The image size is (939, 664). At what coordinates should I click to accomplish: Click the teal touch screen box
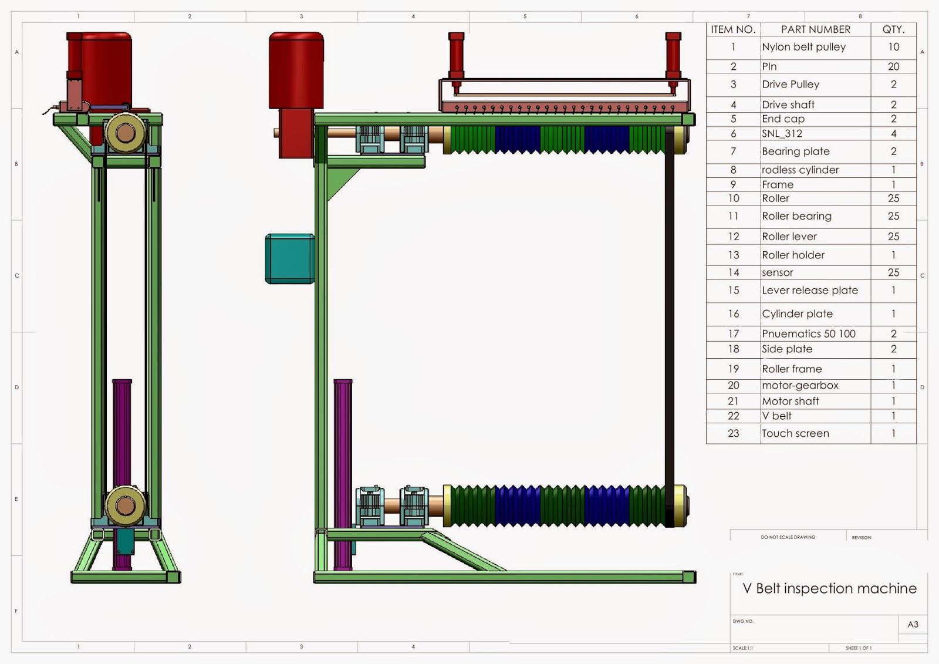(x=290, y=259)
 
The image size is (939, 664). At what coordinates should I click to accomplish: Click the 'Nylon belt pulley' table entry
(x=803, y=47)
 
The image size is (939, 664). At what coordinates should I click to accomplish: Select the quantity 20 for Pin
(x=893, y=66)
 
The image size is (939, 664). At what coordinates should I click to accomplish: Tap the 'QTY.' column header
(x=893, y=29)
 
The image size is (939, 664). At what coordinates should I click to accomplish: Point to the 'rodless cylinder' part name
(x=800, y=170)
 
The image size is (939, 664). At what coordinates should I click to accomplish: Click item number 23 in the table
(x=733, y=433)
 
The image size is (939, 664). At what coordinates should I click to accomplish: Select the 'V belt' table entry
(x=777, y=416)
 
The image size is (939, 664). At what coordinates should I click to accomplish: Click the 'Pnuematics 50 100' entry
(x=808, y=333)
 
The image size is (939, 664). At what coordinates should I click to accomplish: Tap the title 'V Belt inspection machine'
(x=829, y=588)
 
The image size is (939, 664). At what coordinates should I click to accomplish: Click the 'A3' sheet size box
(x=913, y=624)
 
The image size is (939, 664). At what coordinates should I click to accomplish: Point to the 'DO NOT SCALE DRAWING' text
(x=788, y=537)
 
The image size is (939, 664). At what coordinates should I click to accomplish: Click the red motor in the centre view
(x=296, y=70)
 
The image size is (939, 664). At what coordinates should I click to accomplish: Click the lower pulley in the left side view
(x=125, y=505)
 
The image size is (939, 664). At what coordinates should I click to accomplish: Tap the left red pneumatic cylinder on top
(x=457, y=56)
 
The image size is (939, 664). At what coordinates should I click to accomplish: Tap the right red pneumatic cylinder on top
(x=673, y=56)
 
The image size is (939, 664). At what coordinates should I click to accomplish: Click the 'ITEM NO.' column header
(x=733, y=29)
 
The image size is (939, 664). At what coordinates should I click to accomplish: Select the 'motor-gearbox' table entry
(x=800, y=385)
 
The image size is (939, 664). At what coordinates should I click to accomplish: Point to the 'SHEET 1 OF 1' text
(x=858, y=648)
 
